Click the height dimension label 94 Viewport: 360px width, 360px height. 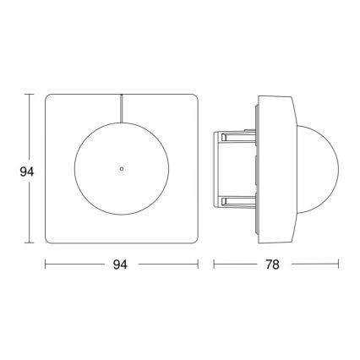click(25, 172)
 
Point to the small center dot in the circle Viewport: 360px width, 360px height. click(122, 171)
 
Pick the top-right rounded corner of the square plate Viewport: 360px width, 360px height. click(194, 100)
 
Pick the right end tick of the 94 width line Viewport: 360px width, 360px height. click(199, 265)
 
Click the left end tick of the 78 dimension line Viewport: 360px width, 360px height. click(213, 265)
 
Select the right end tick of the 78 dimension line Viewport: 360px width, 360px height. click(341, 265)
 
